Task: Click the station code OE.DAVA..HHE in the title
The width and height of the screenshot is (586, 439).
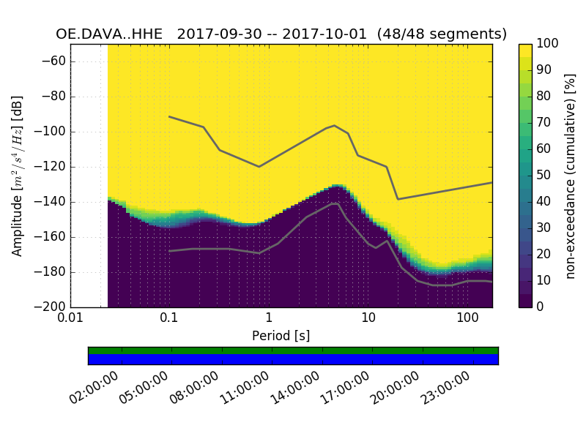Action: click(112, 34)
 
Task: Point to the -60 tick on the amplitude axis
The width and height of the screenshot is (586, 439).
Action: click(55, 61)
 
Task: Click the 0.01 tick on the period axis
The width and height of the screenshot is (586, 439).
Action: click(70, 318)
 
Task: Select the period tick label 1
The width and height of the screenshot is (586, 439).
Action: click(269, 318)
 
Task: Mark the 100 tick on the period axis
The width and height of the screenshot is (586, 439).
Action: click(467, 318)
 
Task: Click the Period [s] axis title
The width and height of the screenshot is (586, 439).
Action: click(281, 336)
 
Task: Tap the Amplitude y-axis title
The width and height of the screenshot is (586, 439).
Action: click(18, 176)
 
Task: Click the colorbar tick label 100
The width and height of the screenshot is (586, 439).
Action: click(548, 43)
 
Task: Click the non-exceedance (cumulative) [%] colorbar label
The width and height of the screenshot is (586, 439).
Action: click(571, 176)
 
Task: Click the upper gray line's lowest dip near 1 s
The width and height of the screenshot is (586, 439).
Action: click(259, 166)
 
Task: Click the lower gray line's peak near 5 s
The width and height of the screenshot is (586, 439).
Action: click(335, 203)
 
